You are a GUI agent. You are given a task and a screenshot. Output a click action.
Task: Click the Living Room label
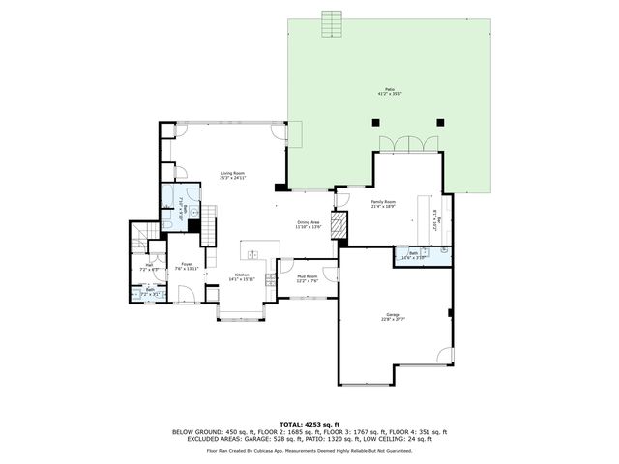[x=231, y=175]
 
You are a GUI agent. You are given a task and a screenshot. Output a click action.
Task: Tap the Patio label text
[x=376, y=94]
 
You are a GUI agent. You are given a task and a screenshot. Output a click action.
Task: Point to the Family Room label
[x=384, y=204]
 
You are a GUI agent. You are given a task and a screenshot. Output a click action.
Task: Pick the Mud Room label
[x=308, y=278]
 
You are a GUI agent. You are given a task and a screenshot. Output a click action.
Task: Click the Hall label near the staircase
[x=150, y=267]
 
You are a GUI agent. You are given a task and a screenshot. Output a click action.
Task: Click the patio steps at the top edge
[x=332, y=22]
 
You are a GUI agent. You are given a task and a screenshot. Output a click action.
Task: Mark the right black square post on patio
[x=440, y=123]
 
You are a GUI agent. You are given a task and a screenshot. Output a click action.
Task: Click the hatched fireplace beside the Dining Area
[x=338, y=226]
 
